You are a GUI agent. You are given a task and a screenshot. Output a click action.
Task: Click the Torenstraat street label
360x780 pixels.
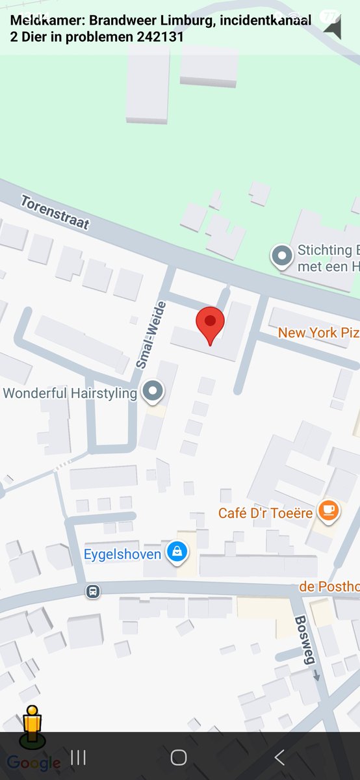[55, 212]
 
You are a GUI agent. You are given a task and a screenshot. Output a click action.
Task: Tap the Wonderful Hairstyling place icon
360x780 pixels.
[153, 391]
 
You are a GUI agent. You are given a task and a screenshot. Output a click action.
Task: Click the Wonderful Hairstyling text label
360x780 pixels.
[70, 393]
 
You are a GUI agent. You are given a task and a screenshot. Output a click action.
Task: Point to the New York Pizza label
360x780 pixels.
[318, 333]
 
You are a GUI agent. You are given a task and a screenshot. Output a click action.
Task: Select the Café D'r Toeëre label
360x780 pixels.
[266, 513]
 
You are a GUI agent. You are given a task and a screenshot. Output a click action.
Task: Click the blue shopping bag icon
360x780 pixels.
[176, 553]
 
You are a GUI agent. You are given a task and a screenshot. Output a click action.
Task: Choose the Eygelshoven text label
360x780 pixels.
[123, 554]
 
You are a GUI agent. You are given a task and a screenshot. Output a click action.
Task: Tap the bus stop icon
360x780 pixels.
[93, 591]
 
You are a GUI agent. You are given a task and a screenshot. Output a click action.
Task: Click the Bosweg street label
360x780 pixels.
[305, 639]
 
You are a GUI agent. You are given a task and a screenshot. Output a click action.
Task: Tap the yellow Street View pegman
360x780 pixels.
[31, 725]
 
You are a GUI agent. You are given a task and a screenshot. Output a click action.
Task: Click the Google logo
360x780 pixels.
[33, 763]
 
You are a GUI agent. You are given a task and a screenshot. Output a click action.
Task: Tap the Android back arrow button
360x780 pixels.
[279, 757]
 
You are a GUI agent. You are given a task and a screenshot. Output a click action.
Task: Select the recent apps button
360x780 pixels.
[79, 757]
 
